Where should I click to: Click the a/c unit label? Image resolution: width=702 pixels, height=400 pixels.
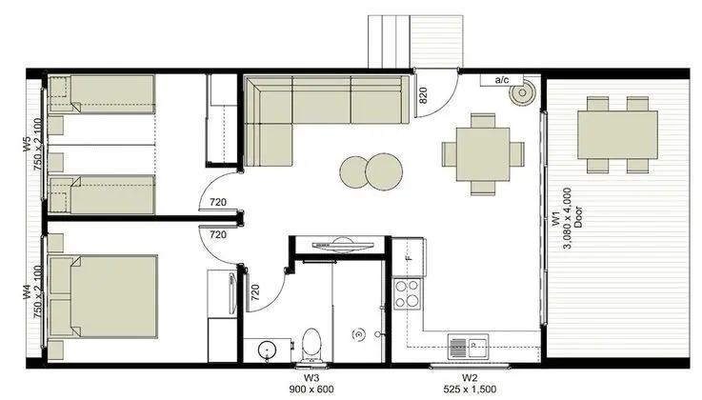(x=502, y=80)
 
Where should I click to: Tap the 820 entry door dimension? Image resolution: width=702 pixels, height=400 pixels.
(x=423, y=95)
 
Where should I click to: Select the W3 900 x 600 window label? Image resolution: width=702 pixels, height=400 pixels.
(x=311, y=384)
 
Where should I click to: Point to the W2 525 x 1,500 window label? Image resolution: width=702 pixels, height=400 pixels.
(x=470, y=384)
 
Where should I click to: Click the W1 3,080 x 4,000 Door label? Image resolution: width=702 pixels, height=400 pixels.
(x=567, y=217)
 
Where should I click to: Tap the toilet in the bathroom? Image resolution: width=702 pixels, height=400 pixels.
(x=311, y=346)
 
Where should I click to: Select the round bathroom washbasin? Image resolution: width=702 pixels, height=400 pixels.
(x=268, y=350)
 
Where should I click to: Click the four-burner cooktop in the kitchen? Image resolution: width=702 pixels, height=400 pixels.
(x=408, y=293)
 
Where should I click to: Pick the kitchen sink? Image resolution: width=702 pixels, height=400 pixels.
(x=468, y=347)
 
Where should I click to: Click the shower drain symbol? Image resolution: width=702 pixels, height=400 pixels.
(x=358, y=333)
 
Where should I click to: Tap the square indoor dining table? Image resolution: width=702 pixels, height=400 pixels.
(x=483, y=154)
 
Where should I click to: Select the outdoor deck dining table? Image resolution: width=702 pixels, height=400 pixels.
(x=617, y=134)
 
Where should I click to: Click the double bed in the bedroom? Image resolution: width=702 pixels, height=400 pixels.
(x=103, y=296)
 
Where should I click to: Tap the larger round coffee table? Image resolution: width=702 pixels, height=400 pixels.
(x=384, y=171)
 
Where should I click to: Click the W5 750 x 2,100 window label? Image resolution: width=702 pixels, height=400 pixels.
(x=34, y=144)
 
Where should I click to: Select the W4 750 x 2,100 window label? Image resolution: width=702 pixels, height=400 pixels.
(x=34, y=291)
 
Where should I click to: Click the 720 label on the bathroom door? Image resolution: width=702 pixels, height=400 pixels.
(x=255, y=292)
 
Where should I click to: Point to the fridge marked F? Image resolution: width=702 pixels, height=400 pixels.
(x=409, y=257)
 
